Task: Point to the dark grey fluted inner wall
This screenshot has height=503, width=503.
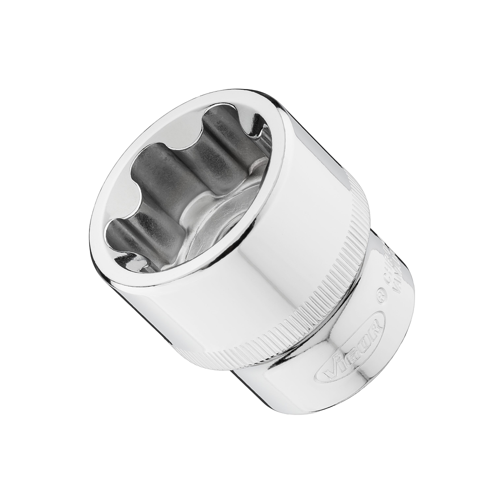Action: [166, 176]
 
